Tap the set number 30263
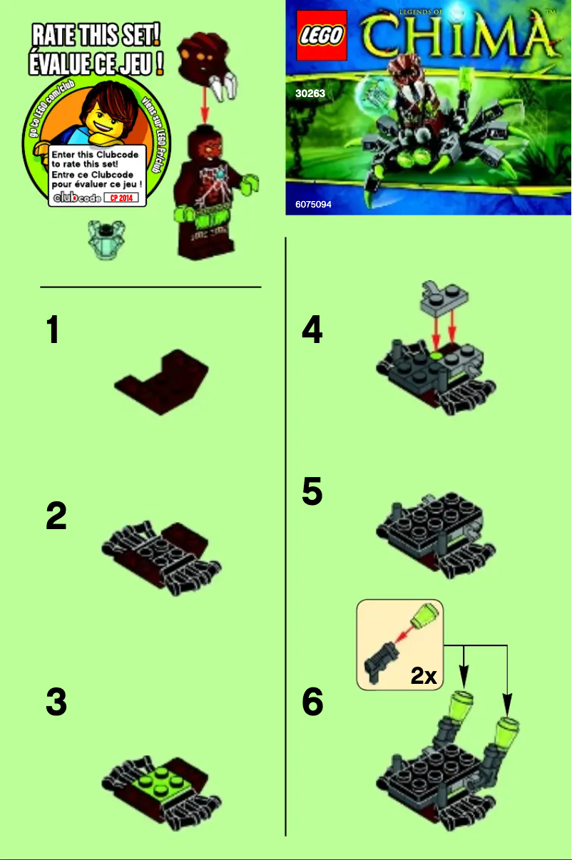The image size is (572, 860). (311, 93)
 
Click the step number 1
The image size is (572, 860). (53, 331)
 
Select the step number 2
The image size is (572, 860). (56, 517)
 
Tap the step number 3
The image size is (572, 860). (56, 702)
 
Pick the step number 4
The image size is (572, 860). (312, 331)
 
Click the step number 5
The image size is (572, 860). (312, 492)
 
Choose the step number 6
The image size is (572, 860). (312, 702)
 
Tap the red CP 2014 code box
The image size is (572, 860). (121, 198)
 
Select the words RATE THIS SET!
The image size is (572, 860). (95, 34)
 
